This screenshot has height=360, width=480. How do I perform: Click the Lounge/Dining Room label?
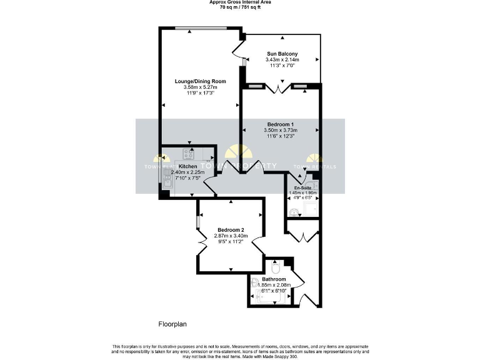coord(200,81)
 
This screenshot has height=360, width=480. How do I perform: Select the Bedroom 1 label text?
coord(281,124)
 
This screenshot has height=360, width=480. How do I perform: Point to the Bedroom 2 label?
coord(231,229)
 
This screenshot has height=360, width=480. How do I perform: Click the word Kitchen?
coord(187,166)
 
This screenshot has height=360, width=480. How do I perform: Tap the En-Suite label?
coord(303,187)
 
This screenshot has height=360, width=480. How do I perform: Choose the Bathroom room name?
coord(274,279)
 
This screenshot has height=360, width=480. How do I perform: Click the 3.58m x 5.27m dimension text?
coord(200,87)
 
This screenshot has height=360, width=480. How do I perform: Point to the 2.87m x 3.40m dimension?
coord(231,236)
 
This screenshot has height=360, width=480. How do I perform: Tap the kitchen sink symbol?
coord(167,179)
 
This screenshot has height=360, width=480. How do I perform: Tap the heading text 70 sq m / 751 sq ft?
coord(239,8)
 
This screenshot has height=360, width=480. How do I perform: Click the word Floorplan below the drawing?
coord(172,324)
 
